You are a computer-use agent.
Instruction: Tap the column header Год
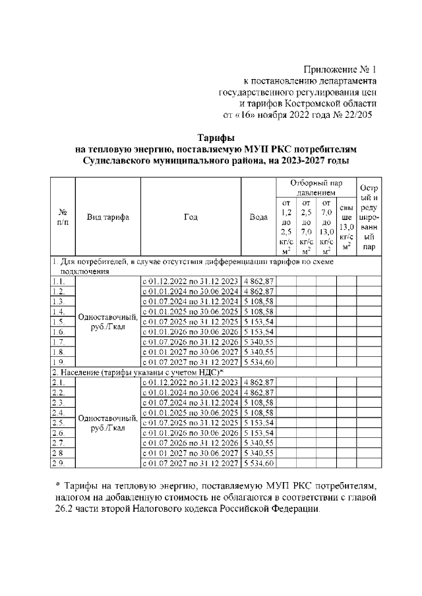click(x=191, y=216)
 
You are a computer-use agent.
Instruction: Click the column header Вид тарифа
click(x=108, y=216)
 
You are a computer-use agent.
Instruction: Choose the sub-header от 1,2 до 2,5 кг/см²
click(x=286, y=227)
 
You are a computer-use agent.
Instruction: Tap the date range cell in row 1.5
click(x=191, y=321)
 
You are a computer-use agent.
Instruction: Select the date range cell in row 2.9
click(x=191, y=464)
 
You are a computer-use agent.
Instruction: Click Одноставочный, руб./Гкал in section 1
click(x=108, y=321)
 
